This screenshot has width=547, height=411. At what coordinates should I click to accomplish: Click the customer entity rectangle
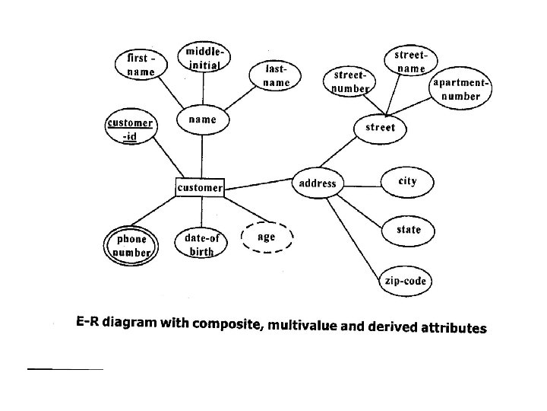[x=200, y=186]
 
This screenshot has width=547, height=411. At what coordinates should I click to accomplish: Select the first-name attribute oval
[x=141, y=64]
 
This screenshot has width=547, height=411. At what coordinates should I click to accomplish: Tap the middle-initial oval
[x=204, y=59]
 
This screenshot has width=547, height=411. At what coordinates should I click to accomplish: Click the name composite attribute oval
[x=202, y=119]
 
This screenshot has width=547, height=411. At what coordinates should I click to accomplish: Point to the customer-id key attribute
[x=130, y=129]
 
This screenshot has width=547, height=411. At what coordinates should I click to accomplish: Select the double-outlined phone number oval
[x=132, y=244]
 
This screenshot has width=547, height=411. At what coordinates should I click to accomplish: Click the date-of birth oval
[x=202, y=244]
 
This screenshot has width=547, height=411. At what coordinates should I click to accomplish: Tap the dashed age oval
[x=266, y=237]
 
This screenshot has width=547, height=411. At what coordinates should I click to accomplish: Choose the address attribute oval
[x=318, y=183]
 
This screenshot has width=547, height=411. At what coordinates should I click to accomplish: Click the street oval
[x=380, y=127]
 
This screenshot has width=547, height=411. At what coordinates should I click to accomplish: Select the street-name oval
[x=411, y=62]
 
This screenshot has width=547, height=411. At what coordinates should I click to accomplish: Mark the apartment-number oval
[x=461, y=90]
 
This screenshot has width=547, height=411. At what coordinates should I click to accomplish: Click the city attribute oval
[x=407, y=181]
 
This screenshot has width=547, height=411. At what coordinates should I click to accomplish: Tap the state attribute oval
[x=408, y=229]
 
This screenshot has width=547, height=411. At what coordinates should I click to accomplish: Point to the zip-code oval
[x=405, y=282]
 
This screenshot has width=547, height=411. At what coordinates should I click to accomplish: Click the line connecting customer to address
[x=258, y=183]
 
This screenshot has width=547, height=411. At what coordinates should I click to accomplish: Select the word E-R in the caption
[x=89, y=323]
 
